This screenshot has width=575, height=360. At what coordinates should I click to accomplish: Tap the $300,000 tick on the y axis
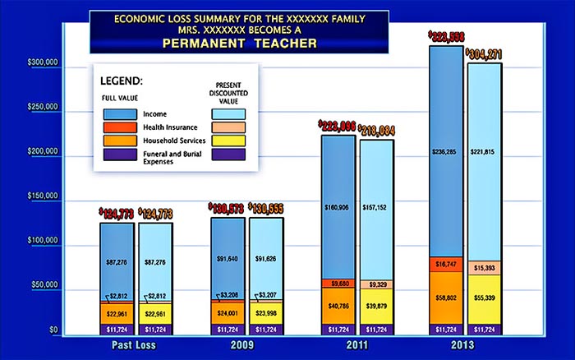click(x=42, y=62)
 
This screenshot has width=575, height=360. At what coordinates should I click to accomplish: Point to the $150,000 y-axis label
click(x=42, y=196)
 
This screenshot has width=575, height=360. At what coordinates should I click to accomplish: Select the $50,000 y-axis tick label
click(x=44, y=284)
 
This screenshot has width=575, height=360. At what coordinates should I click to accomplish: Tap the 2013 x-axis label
click(x=466, y=346)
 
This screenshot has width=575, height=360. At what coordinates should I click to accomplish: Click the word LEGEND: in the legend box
click(x=122, y=82)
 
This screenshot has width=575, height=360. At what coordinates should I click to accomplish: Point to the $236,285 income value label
click(x=447, y=151)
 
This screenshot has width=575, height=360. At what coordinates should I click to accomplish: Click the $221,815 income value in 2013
click(x=484, y=151)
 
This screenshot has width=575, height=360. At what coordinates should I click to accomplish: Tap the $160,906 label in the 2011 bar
click(x=338, y=207)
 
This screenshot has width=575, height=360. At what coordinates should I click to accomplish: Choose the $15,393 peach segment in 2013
click(x=484, y=267)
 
